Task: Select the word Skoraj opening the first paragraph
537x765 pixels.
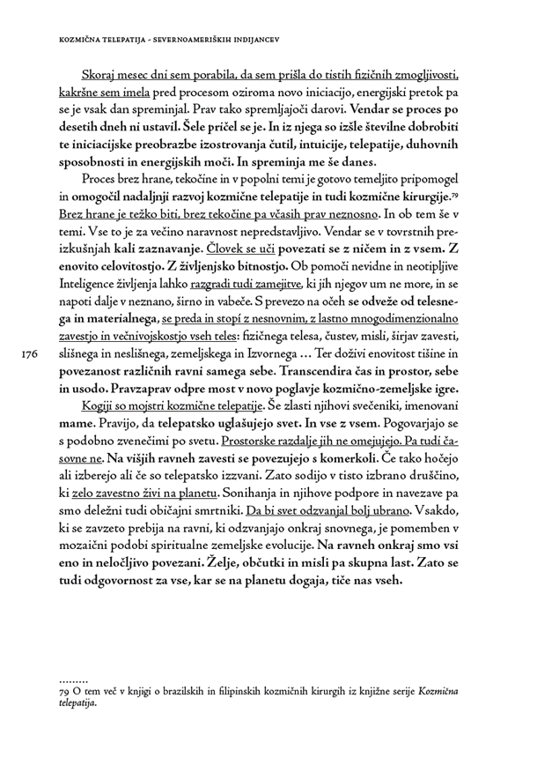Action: [100, 77]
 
